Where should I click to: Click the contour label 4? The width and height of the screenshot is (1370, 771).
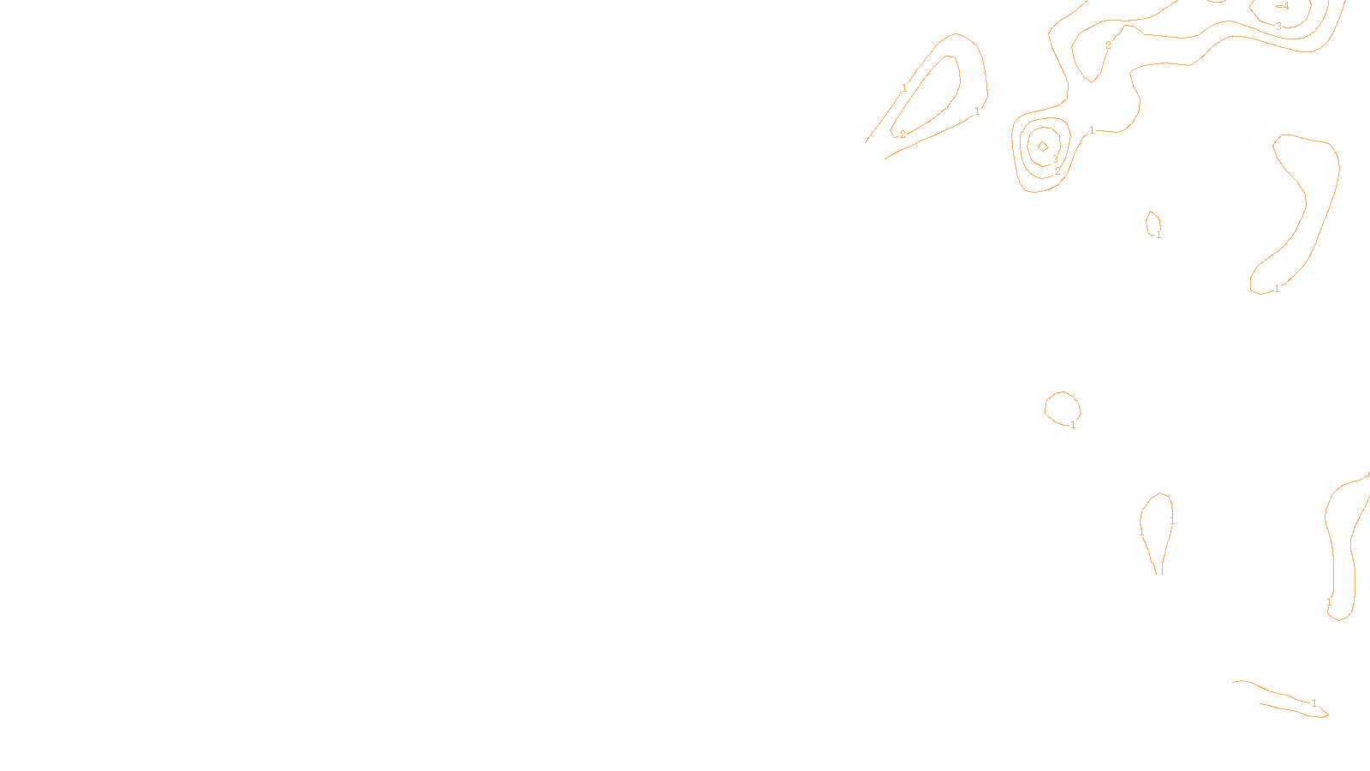1285,6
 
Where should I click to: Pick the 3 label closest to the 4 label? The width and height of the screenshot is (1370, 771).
1279,27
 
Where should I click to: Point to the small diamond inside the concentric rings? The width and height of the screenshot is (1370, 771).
1043,146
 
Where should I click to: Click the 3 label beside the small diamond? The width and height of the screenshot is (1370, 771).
1055,159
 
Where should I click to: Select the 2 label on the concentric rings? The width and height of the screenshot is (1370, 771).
1057,171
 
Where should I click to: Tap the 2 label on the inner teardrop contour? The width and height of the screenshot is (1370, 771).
902,134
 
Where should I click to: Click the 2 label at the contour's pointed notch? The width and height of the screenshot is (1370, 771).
1108,45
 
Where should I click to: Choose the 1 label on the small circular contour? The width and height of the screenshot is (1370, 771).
1073,425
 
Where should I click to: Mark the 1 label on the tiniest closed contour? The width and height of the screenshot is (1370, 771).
1159,235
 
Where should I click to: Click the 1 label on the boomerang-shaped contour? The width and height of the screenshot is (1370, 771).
1277,289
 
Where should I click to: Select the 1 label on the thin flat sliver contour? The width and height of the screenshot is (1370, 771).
1314,703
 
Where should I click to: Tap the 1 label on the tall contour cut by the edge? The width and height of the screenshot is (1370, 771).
1329,602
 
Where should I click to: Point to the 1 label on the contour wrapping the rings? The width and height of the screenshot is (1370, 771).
1092,130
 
